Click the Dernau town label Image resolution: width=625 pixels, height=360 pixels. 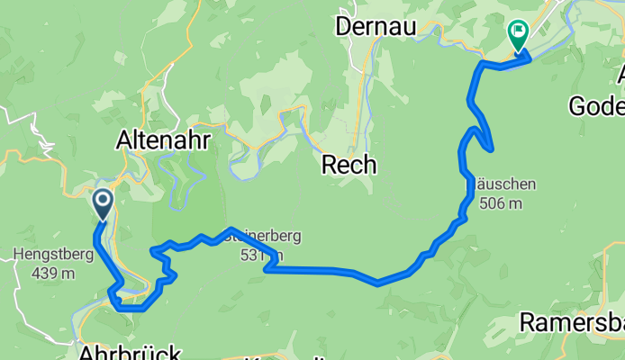tap(375, 27)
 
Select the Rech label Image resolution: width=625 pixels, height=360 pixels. tap(349, 165)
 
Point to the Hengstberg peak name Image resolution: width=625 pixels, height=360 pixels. tap(54, 255)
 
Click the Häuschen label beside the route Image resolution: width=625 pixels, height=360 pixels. tap(506, 184)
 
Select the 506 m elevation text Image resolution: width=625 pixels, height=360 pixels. tap(501, 203)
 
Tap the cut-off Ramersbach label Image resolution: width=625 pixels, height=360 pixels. tap(573, 322)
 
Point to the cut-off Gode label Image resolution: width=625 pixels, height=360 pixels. tap(595, 108)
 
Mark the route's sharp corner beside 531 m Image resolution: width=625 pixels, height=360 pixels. tap(267, 267)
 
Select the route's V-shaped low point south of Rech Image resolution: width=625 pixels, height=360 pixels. tap(378, 283)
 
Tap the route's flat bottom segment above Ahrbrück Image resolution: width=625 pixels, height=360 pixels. tap(131, 309)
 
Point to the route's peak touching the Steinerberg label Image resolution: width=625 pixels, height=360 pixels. tap(231, 229)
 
